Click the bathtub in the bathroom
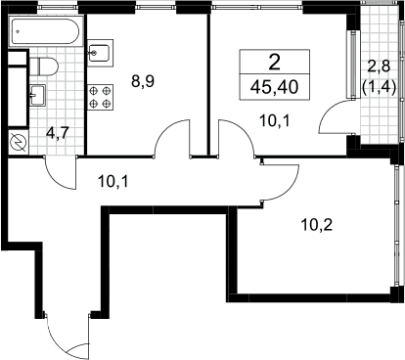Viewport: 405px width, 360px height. pyautogui.click(x=45, y=32)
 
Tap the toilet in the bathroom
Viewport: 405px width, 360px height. pyautogui.click(x=44, y=67)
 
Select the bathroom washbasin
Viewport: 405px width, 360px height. pyautogui.click(x=37, y=95)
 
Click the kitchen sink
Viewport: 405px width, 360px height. pyautogui.click(x=100, y=53)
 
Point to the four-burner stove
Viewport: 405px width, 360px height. pyautogui.click(x=100, y=97)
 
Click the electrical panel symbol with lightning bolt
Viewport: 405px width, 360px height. pyautogui.click(x=19, y=143)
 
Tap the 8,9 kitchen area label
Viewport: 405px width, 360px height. pyautogui.click(x=143, y=81)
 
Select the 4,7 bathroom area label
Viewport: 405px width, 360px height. pyautogui.click(x=59, y=134)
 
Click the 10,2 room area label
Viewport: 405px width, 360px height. pyautogui.click(x=317, y=225)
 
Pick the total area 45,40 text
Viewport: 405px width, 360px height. pyautogui.click(x=275, y=87)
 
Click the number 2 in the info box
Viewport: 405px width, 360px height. pyautogui.click(x=275, y=63)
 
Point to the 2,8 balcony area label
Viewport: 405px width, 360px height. pyautogui.click(x=379, y=67)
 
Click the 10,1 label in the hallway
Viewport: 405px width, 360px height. pyautogui.click(x=113, y=182)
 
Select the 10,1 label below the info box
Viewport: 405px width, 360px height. pyautogui.click(x=275, y=121)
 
